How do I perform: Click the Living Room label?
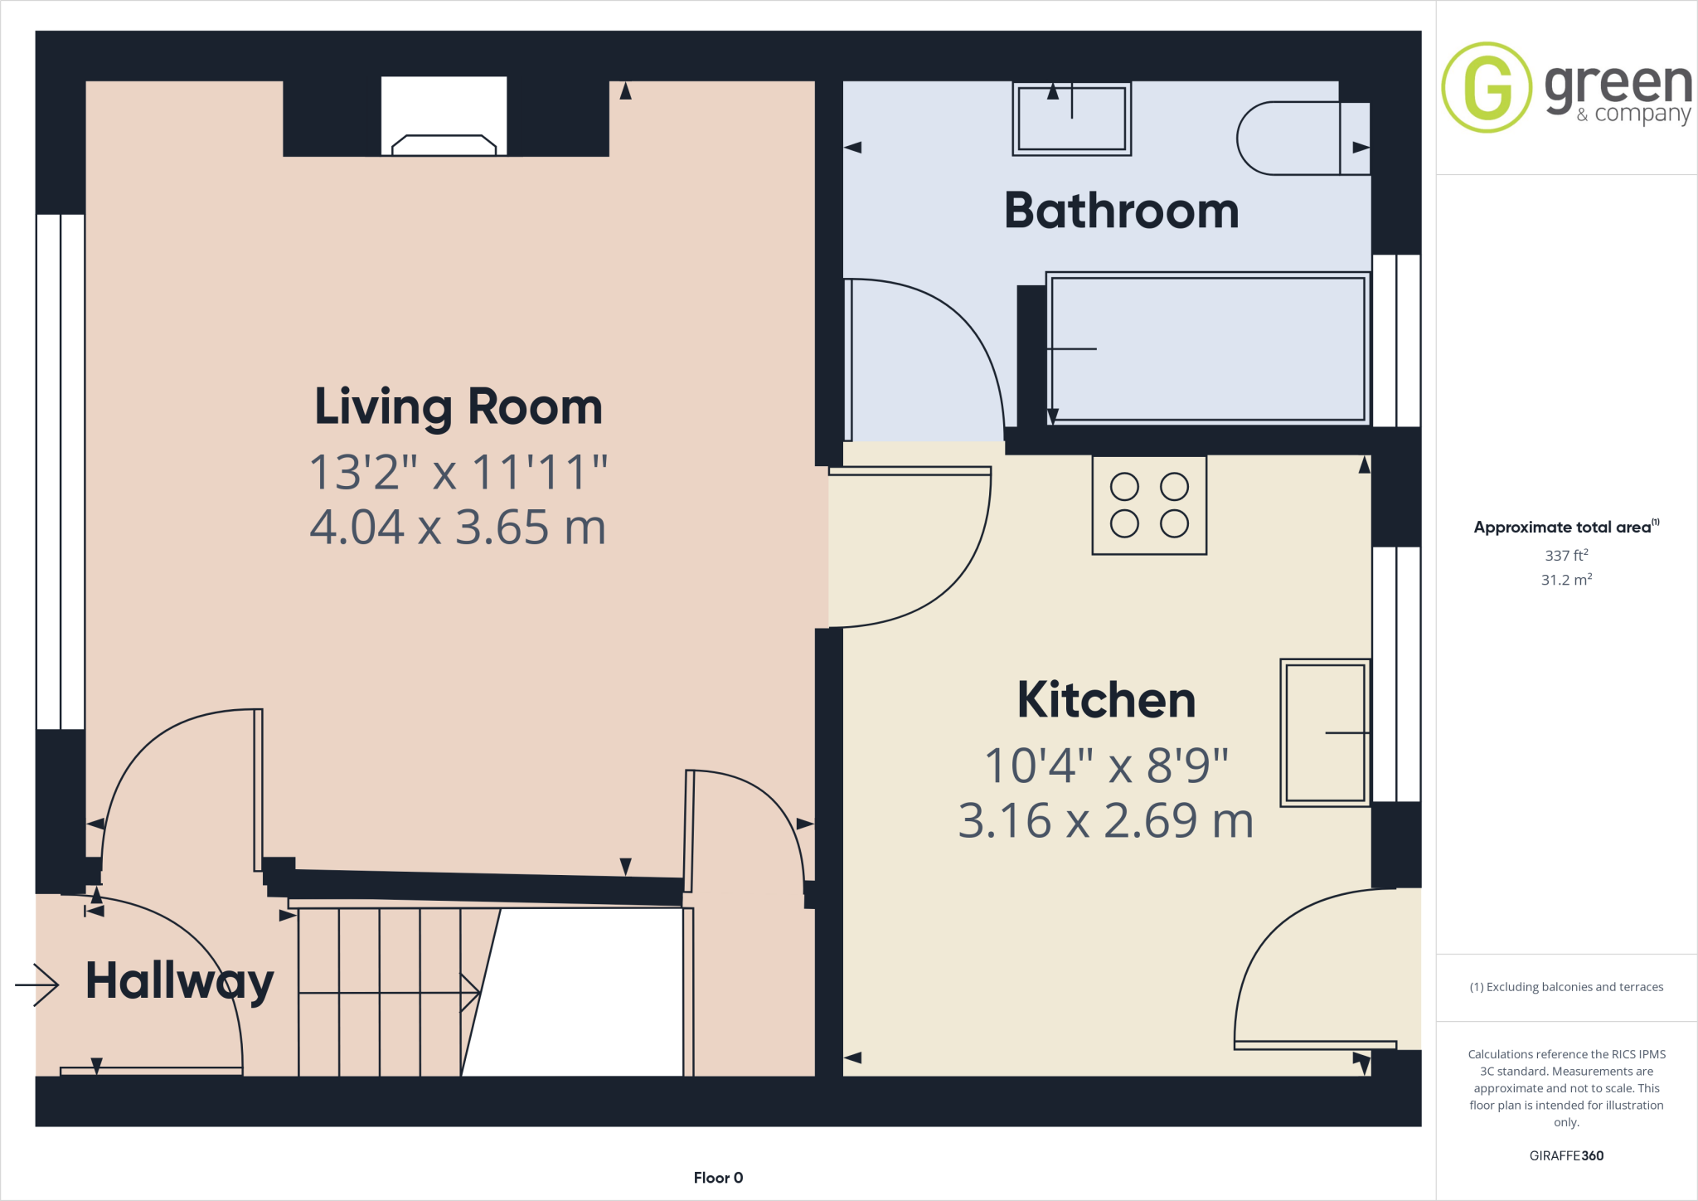(x=458, y=407)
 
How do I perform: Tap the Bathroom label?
(x=1121, y=211)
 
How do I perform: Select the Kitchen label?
(x=1106, y=700)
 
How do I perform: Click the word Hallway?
(x=179, y=981)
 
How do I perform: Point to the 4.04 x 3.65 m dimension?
(x=458, y=527)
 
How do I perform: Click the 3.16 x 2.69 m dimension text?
(x=1106, y=820)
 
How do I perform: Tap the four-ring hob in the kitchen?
(x=1149, y=504)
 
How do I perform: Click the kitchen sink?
(x=1325, y=732)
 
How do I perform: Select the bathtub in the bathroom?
(x=1207, y=348)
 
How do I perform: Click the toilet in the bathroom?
(x=1298, y=139)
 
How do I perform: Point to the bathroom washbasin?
(x=1071, y=119)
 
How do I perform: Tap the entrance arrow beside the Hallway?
(x=37, y=985)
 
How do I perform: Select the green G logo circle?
(x=1487, y=87)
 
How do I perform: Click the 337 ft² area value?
(x=1565, y=555)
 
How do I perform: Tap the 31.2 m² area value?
(x=1565, y=580)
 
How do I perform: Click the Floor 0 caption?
(x=718, y=1178)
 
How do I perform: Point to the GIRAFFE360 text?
(x=1565, y=1155)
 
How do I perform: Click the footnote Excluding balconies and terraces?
(x=1565, y=987)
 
